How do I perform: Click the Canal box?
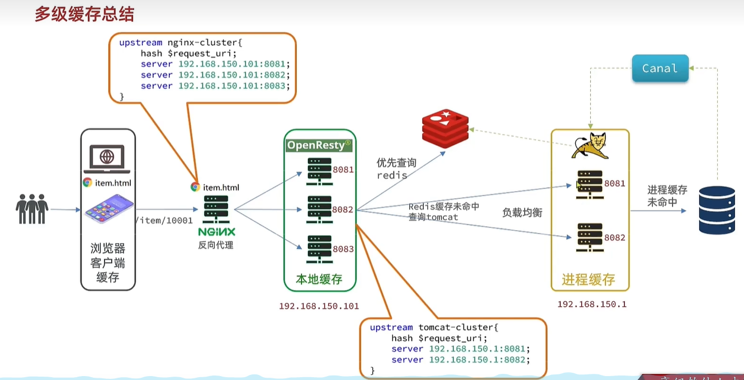click(660, 69)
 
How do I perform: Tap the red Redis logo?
click(445, 129)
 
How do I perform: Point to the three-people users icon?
click(32, 209)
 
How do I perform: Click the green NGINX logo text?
click(216, 232)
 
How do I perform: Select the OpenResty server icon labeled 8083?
click(319, 249)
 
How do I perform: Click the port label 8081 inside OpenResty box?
click(343, 169)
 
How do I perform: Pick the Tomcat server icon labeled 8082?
click(590, 237)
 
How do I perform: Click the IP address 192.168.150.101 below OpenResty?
click(319, 306)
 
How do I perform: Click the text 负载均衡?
click(522, 213)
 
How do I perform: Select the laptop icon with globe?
click(107, 159)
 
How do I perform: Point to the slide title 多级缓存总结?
click(84, 15)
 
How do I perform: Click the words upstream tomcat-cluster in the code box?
click(433, 327)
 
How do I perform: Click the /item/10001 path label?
click(164, 220)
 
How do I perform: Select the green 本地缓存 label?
click(319, 279)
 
